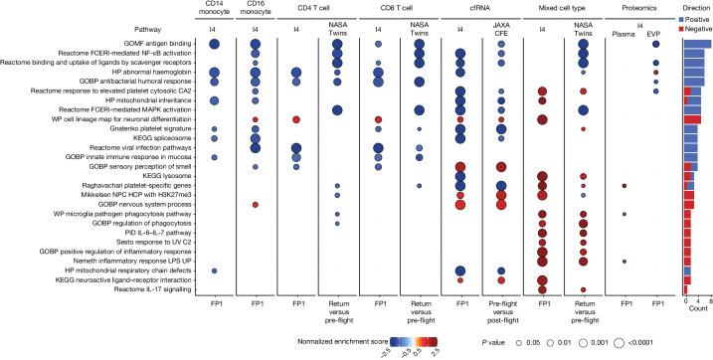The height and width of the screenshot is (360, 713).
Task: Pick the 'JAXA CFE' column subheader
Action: click(x=499, y=29)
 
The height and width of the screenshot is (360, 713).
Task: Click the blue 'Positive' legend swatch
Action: click(x=686, y=19)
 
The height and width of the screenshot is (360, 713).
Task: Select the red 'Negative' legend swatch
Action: click(x=686, y=29)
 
